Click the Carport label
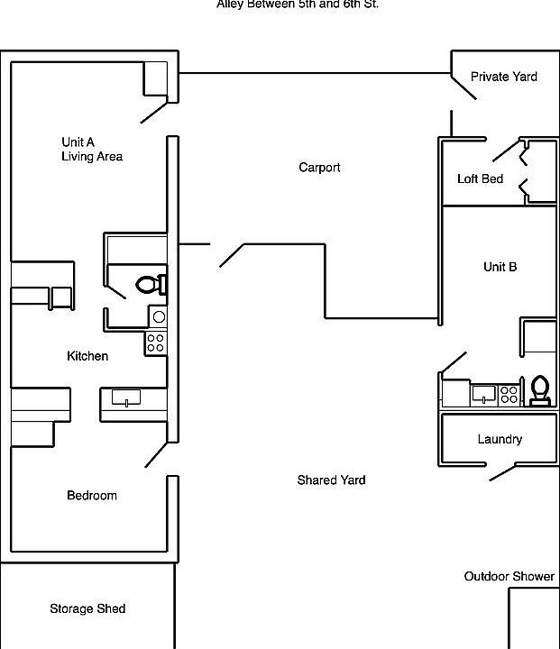coord(319,168)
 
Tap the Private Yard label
coord(503,77)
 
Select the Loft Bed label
coord(480,179)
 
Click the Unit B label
coord(500,267)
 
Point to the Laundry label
coord(500,440)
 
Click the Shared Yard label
coord(331,480)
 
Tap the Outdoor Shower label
coord(509,576)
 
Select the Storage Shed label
coord(87,609)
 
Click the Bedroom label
coord(92,496)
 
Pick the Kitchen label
coord(87,357)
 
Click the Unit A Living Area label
coord(91,150)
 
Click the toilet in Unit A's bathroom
coord(150,285)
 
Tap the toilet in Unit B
coord(539,389)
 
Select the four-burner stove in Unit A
coord(156,343)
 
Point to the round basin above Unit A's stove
coord(158,316)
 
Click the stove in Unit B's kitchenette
coord(509,394)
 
